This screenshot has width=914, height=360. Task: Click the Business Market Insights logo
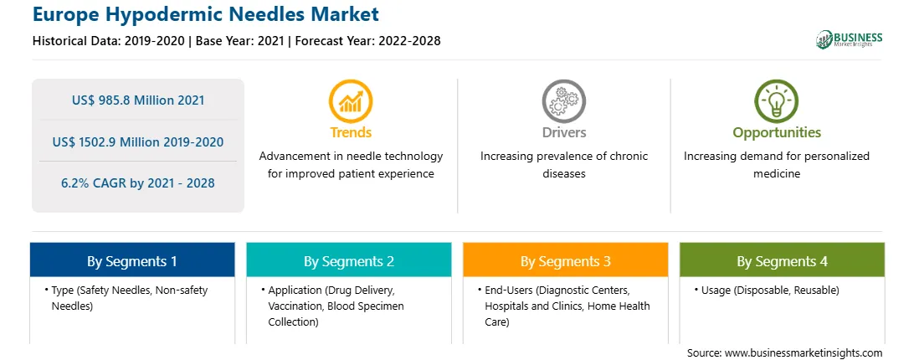(849, 39)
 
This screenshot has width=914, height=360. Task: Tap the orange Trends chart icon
(351, 101)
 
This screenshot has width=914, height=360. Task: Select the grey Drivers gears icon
(563, 101)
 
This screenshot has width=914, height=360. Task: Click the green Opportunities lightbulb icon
(777, 101)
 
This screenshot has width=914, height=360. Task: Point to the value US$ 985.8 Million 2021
(138, 100)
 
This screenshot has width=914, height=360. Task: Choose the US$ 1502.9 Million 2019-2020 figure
(138, 141)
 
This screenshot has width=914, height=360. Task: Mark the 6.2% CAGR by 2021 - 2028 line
(138, 183)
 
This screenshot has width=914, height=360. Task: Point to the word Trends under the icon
(351, 132)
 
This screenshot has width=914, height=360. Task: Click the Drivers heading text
(563, 132)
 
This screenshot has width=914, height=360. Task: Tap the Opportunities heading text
(777, 132)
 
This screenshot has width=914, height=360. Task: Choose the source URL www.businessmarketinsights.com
(804, 352)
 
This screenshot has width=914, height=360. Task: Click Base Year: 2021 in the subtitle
(239, 41)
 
